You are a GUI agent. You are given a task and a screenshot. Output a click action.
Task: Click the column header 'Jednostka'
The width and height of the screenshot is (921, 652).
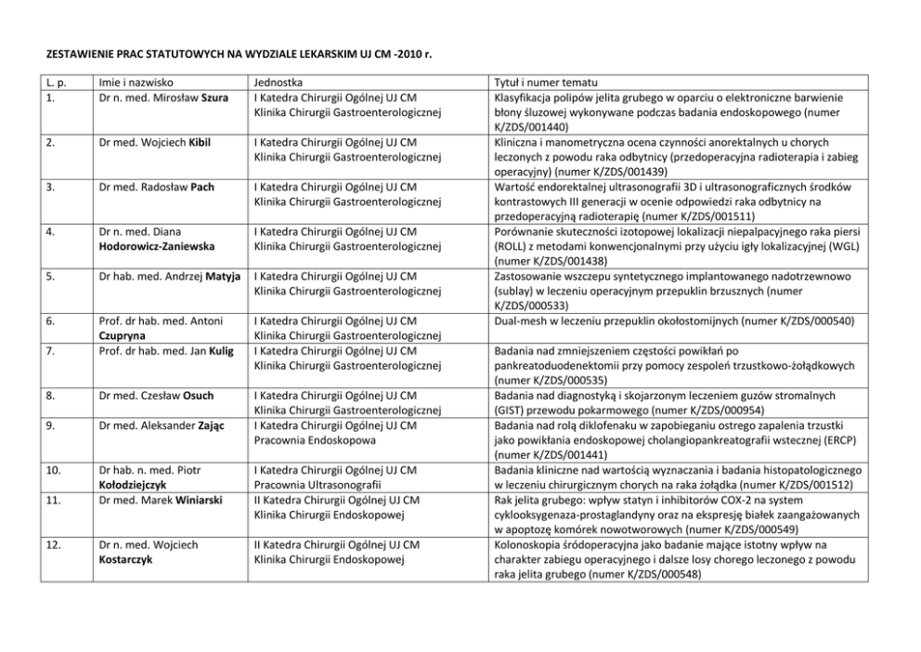tap(279, 82)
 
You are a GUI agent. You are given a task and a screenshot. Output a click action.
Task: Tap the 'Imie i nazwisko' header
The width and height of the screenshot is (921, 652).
tap(136, 82)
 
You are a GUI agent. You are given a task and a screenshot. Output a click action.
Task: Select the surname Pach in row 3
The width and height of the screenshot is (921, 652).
tap(202, 187)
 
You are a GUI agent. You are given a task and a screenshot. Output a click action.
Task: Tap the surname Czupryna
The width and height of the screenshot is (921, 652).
tap(122, 335)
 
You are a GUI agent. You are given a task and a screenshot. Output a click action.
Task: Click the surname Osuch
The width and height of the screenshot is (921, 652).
tap(199, 395)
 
